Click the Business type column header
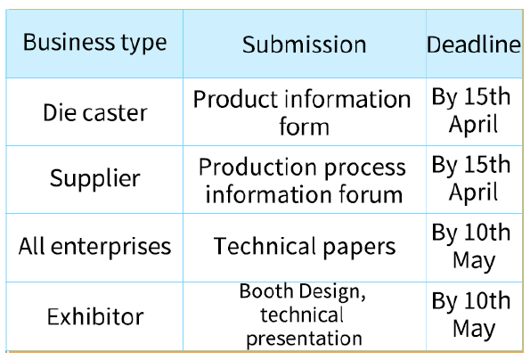[94, 43]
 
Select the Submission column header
[305, 45]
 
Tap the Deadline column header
[474, 45]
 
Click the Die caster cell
[95, 112]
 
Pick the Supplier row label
[95, 178]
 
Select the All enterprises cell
[95, 246]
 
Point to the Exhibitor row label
[95, 316]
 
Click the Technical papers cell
[305, 247]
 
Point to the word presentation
[305, 339]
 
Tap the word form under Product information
[305, 127]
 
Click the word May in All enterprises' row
[474, 261]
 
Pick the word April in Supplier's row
[473, 192]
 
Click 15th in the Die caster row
[487, 97]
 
